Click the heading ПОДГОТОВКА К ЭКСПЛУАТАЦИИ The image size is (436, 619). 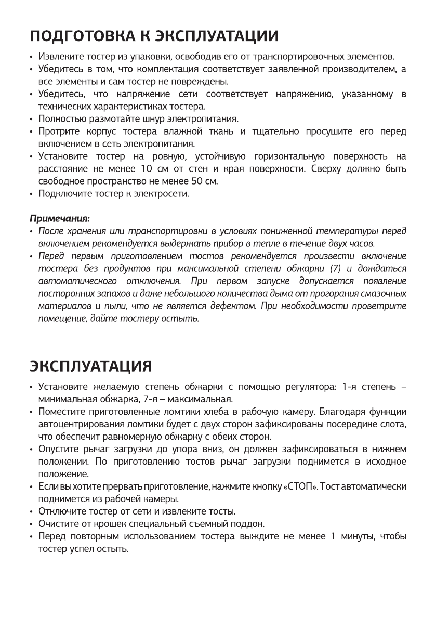pos(154,37)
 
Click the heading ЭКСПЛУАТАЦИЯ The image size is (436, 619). pos(90,366)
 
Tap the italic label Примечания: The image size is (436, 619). pos(59,218)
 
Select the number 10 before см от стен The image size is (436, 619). pos(147,169)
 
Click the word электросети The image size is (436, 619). pos(165,194)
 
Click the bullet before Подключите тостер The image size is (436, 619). pos(32,195)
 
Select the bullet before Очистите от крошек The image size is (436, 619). pos(32,524)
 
